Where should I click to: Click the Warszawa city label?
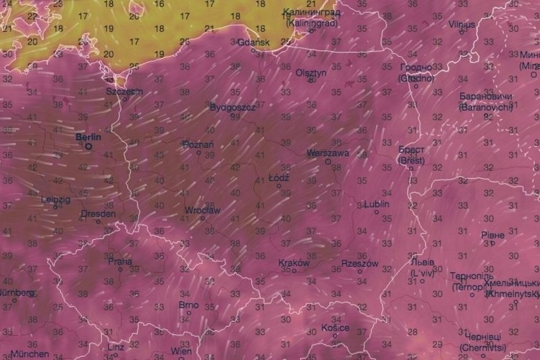coord(327,153)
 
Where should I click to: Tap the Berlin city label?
coord(89,136)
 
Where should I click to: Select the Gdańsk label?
coord(254,42)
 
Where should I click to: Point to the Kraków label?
coord(294,263)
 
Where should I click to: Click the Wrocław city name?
coord(202,211)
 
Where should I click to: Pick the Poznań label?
coord(198,145)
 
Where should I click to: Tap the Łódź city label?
coord(279,178)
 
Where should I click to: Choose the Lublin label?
coord(377,204)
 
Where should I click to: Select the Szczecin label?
coord(124,91)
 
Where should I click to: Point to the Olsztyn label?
coord(311,72)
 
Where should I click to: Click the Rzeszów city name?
coord(360,263)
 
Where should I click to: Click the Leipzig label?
coord(55,199)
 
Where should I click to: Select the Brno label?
coord(188,305)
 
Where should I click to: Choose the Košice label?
coord(335,328)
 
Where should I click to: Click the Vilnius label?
coord(462,24)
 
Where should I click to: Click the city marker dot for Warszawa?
coord(327,161)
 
